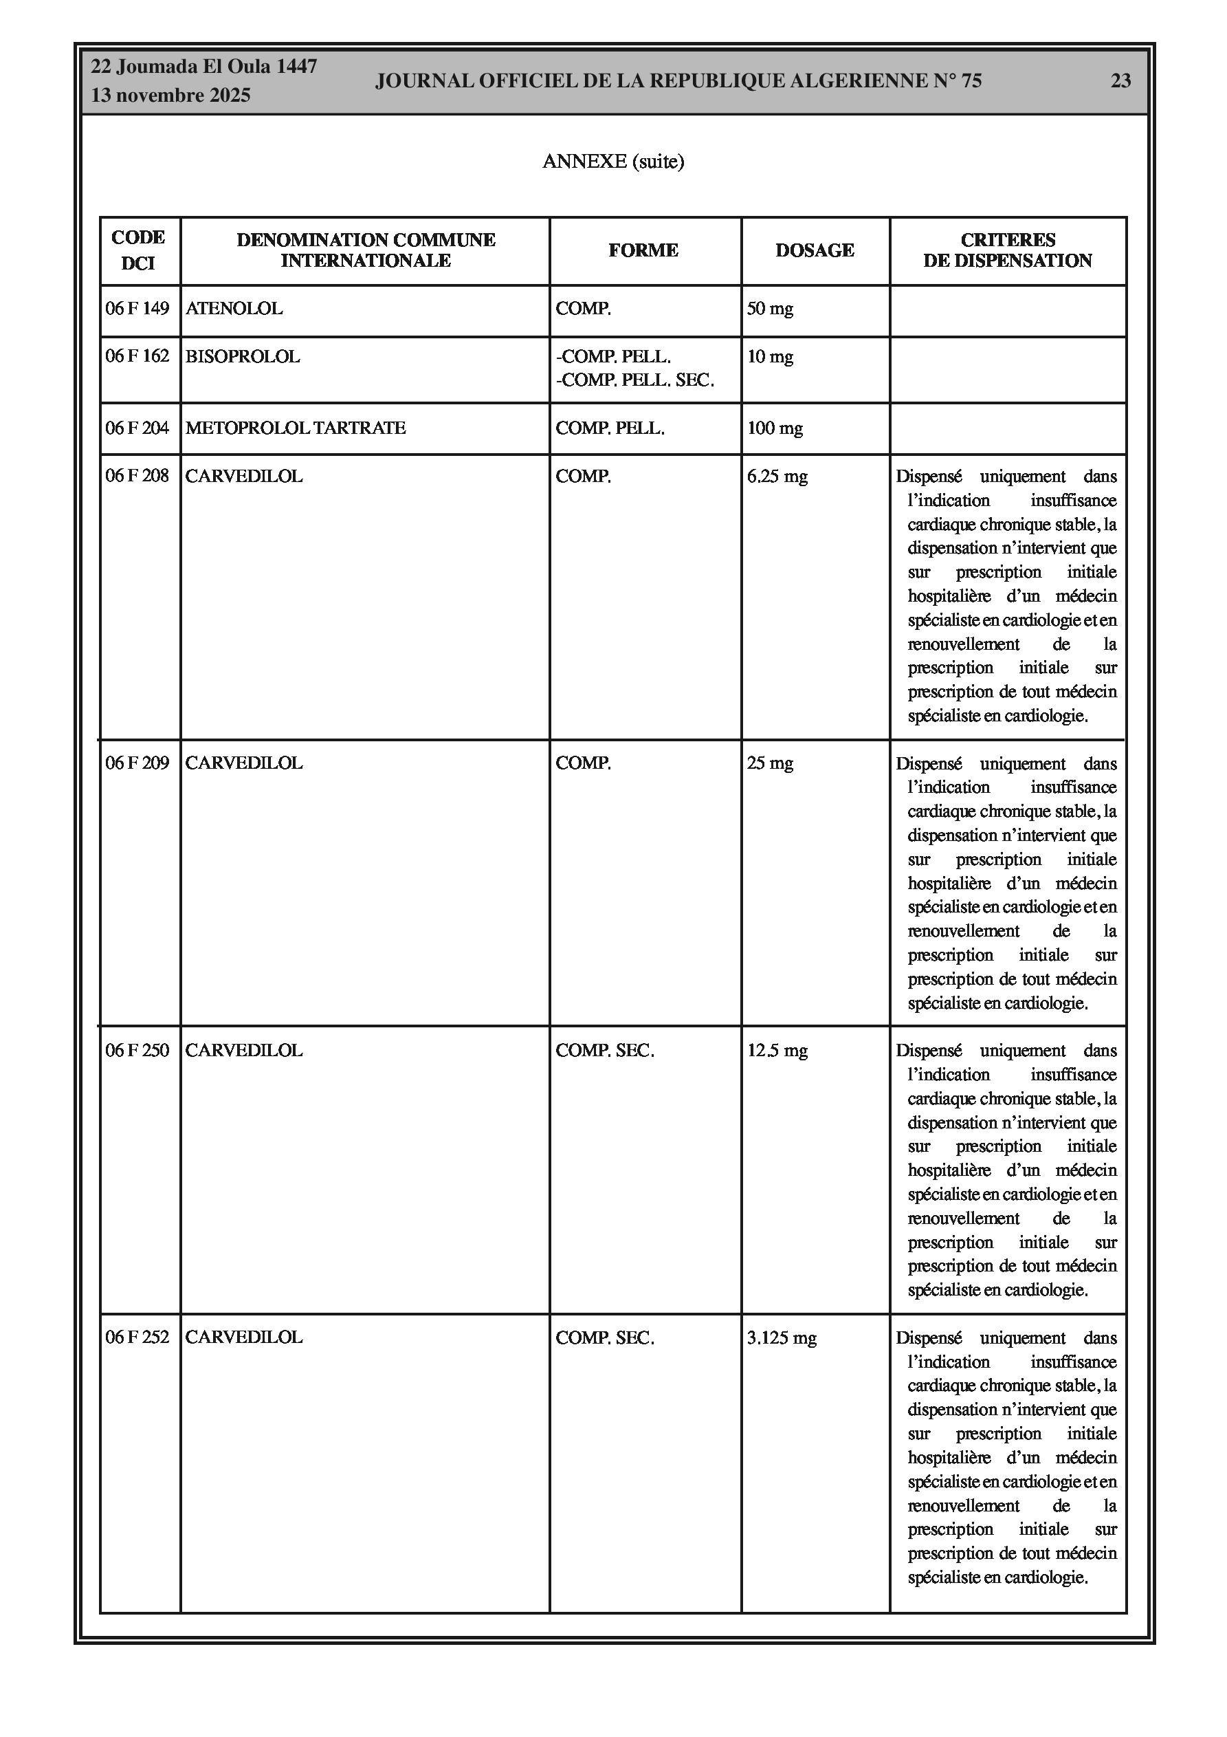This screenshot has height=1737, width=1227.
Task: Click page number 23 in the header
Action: point(1120,81)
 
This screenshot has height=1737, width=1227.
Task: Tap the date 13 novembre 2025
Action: point(170,96)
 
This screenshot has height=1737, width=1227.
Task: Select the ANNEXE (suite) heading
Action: point(612,161)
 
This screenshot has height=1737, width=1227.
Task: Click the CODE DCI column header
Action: point(137,250)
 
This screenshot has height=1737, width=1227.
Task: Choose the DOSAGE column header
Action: point(815,250)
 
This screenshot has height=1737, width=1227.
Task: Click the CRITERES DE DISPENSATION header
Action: point(1007,250)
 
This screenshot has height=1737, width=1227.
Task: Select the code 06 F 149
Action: point(137,309)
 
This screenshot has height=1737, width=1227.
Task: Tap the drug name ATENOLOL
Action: point(234,309)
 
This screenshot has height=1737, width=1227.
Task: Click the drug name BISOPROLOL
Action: point(242,356)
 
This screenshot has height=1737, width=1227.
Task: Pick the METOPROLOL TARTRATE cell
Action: point(295,428)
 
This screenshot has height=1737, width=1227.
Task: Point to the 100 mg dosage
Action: point(775,428)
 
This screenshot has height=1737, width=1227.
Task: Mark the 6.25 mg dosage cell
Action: point(777,477)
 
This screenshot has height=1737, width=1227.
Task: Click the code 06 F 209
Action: point(137,763)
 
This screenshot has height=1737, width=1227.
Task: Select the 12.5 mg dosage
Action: point(777,1051)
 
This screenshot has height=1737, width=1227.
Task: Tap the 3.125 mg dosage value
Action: point(782,1337)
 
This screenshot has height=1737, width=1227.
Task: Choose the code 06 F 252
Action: point(137,1337)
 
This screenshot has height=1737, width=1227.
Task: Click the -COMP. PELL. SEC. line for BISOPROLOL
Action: point(634,380)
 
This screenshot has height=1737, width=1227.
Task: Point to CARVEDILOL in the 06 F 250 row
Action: point(243,1051)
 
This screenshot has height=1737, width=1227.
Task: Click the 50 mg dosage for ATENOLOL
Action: point(770,309)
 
